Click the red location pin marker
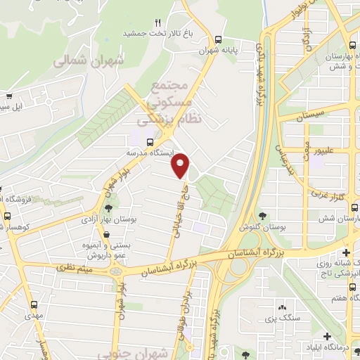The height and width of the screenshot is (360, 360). [181, 166]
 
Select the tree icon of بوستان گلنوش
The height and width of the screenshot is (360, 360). [264, 216]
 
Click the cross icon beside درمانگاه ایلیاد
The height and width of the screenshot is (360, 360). [326, 337]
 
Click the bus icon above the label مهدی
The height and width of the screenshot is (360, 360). [35, 304]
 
